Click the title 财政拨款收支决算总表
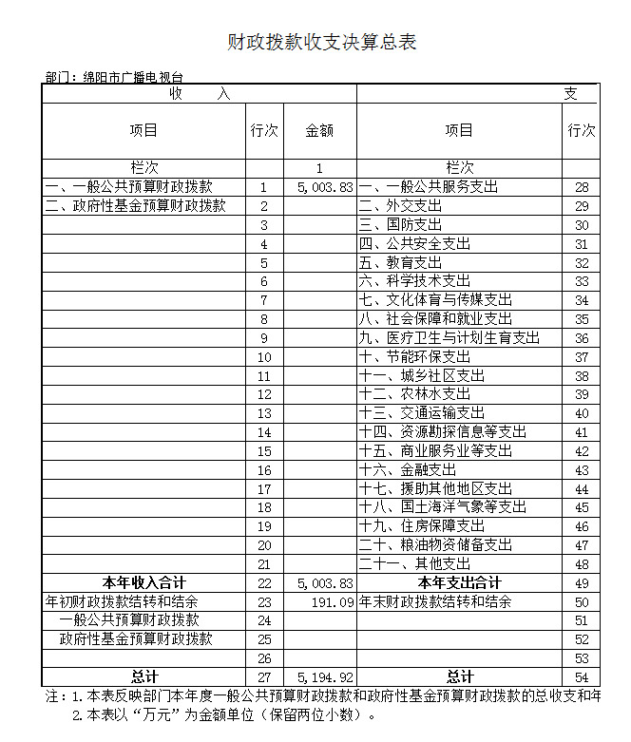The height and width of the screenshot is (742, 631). coord(321,43)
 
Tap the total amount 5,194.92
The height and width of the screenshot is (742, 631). coord(325,676)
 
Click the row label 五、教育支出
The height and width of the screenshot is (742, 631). coord(400,262)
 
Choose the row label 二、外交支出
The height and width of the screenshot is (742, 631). coord(400,206)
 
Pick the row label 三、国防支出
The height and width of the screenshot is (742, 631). coord(400,225)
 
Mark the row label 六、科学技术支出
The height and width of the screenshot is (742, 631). coord(414,281)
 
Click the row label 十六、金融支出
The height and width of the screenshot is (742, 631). coord(408,469)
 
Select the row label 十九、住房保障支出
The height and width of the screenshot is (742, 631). coord(422,525)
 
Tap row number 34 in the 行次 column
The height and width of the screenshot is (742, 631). coord(582,300)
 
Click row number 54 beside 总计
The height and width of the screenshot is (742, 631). coord(582,676)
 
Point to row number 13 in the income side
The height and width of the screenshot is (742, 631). coord(264,413)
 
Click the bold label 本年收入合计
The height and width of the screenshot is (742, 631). coord(144,582)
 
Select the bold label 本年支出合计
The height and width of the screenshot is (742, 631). coord(460,582)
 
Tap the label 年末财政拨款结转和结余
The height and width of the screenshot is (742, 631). coord(435,601)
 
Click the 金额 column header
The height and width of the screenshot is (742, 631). coord(319,131)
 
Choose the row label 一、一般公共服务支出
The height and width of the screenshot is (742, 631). coord(428,187)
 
